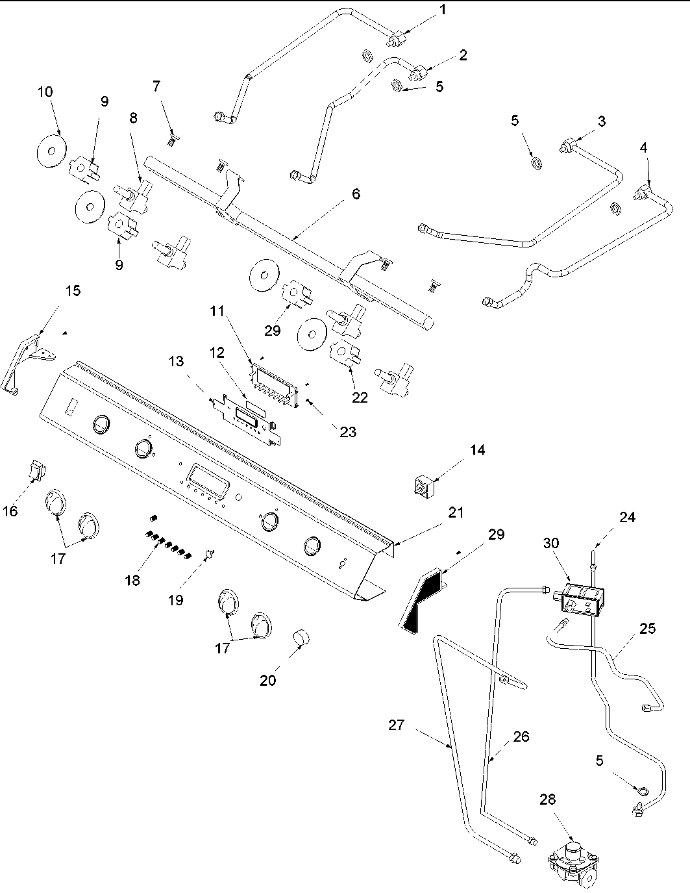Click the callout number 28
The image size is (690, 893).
(548, 799)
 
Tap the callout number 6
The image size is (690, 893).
(355, 194)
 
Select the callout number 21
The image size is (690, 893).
(456, 512)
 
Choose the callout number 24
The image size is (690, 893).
(626, 518)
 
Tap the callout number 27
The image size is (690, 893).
(397, 725)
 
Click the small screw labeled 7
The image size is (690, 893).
(172, 137)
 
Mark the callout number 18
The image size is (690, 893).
(132, 580)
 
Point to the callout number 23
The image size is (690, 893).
(348, 431)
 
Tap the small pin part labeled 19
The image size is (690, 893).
(210, 553)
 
